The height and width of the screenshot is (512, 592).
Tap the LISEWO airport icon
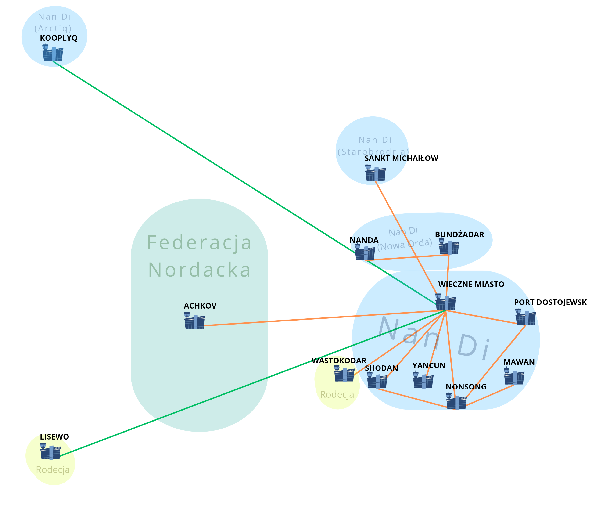(x=50, y=451)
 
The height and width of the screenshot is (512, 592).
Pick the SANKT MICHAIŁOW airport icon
(x=375, y=173)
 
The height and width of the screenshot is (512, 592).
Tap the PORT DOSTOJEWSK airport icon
(x=525, y=317)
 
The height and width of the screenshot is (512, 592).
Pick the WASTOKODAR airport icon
(x=344, y=374)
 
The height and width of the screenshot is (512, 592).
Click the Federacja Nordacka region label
(x=199, y=256)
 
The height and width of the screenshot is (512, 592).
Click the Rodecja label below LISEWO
(x=53, y=470)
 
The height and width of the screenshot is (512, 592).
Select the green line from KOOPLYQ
(x=200, y=156)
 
